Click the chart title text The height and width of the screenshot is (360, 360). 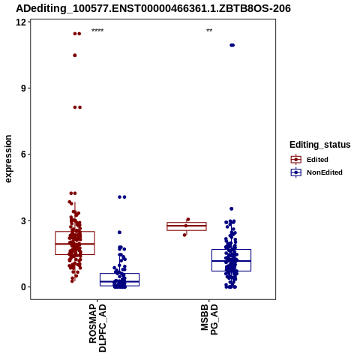pyautogui.click(x=153, y=8)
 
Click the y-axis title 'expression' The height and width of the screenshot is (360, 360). pyautogui.click(x=8, y=159)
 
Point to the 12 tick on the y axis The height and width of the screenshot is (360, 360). pyautogui.click(x=21, y=22)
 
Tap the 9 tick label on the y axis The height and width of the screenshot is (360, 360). pyautogui.click(x=24, y=88)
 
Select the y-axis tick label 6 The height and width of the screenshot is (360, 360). pyautogui.click(x=24, y=154)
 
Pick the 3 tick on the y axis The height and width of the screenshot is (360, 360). pyautogui.click(x=24, y=220)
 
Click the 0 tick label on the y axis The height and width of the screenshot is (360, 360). pyautogui.click(x=24, y=287)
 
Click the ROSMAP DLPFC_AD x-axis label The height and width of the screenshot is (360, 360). pyautogui.click(x=97, y=328)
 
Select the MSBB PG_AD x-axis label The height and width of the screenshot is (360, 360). pyautogui.click(x=209, y=319)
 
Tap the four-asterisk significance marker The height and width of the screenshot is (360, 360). pyautogui.click(x=97, y=31)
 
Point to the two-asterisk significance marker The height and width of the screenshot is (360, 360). pyautogui.click(x=209, y=31)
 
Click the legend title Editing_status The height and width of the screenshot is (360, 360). pyautogui.click(x=320, y=145)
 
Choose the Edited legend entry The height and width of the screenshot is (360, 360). pyautogui.click(x=310, y=160)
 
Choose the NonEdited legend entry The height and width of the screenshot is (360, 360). pyautogui.click(x=316, y=172)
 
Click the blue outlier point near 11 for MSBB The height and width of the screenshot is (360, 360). pyautogui.click(x=232, y=45)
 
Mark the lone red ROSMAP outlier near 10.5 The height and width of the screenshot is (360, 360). pyautogui.click(x=75, y=55)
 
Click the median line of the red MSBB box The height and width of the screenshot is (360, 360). pyautogui.click(x=187, y=226)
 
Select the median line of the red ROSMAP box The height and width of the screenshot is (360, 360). pyautogui.click(x=75, y=244)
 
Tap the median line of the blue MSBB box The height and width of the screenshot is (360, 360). pyautogui.click(x=231, y=261)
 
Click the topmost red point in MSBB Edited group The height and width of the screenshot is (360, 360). pyautogui.click(x=188, y=220)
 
